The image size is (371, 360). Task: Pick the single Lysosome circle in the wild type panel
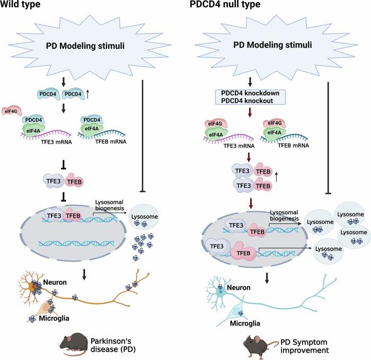pyautogui.click(x=145, y=201)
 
